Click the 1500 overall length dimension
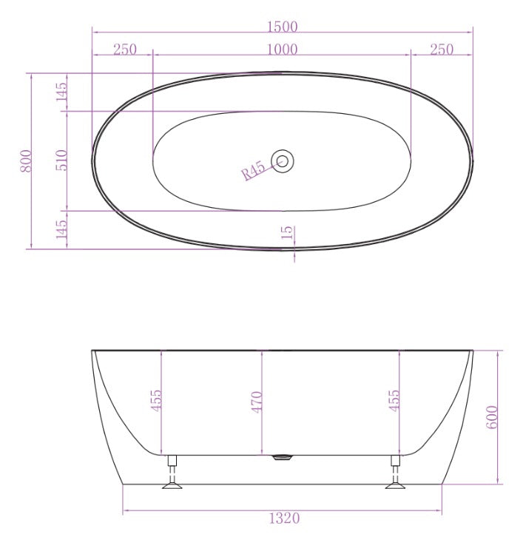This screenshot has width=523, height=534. [x=282, y=27]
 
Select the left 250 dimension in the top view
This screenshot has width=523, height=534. [x=124, y=50]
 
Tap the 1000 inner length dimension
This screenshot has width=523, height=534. [x=282, y=50]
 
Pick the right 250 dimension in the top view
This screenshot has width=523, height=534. [x=442, y=50]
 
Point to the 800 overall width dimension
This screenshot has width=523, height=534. [x=26, y=161]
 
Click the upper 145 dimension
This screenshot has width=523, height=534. [x=62, y=92]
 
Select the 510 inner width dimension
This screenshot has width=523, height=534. [x=62, y=160]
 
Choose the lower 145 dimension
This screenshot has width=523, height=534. [x=62, y=229]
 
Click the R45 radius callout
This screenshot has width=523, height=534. [x=253, y=172]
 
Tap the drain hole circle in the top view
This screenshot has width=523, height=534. [x=283, y=160]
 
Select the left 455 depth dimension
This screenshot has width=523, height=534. [x=156, y=401]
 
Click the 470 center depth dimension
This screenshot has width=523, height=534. [x=257, y=402]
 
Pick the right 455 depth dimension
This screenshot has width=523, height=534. [x=394, y=401]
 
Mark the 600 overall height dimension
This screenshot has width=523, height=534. [x=493, y=417]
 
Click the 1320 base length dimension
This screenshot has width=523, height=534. [x=285, y=518]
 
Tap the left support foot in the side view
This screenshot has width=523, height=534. [x=173, y=473]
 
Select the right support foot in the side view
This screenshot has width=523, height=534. [x=395, y=473]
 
